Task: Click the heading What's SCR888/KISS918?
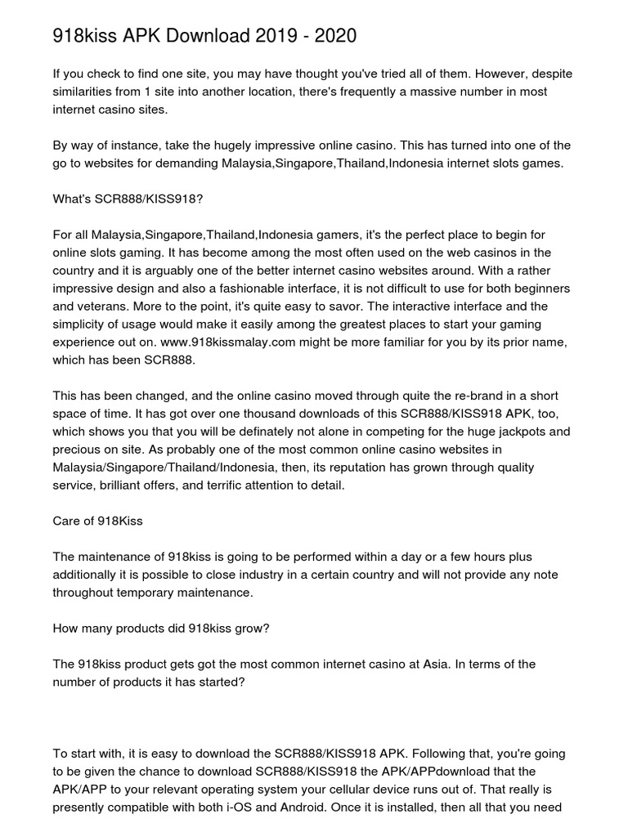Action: tap(127, 199)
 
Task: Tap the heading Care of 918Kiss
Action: tap(97, 521)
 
